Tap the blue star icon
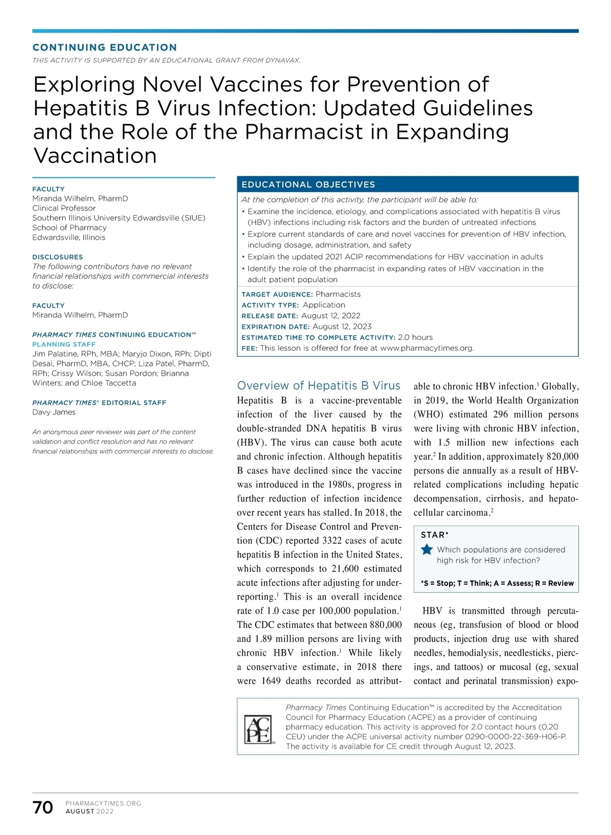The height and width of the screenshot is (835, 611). pos(427,550)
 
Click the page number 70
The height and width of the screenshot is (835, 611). pos(43,807)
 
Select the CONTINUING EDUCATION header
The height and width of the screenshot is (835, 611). pos(104,47)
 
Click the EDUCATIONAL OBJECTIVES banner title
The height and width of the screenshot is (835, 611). pos(308,185)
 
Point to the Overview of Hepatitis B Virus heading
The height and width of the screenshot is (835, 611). pos(319,385)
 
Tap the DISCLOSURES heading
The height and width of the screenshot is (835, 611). pos(58,257)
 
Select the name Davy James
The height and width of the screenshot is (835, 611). pos(54,412)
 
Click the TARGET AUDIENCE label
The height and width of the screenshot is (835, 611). pos(277,294)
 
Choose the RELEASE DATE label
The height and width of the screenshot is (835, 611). pos(269,316)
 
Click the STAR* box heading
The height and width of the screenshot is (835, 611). pos(435,535)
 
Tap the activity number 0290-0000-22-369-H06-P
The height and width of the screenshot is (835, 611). pos(515,737)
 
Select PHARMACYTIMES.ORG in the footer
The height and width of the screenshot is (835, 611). pos(103,803)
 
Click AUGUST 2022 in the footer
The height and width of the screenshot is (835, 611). pos(90,812)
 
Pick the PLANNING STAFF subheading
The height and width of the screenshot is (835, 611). pos(64,344)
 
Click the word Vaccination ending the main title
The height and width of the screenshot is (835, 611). pos(95,155)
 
